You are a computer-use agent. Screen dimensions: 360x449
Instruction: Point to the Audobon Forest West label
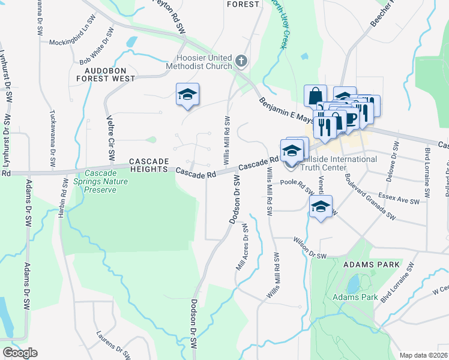point(107,74)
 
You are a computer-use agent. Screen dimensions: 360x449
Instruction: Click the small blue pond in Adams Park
point(353,283)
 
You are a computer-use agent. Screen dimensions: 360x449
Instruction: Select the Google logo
point(20,353)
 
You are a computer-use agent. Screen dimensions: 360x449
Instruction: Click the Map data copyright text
point(424,355)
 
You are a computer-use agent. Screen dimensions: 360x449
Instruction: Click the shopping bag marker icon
point(315,95)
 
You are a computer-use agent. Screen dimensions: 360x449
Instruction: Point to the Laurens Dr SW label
point(113,347)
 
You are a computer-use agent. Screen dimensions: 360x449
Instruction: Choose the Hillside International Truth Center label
point(341,163)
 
